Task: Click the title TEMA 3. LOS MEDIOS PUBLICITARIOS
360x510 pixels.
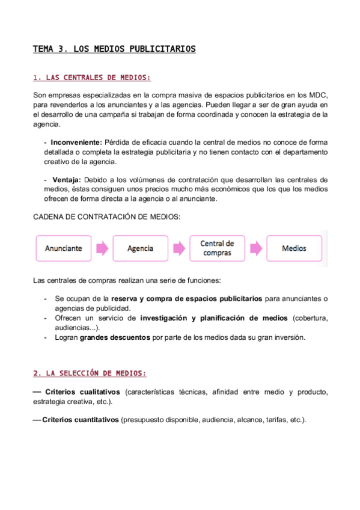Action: [x=114, y=49]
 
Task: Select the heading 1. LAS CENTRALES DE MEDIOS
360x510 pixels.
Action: [x=92, y=78]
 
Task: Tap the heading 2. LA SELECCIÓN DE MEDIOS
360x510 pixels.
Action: [x=90, y=373]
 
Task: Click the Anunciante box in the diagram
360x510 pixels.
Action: [x=63, y=248]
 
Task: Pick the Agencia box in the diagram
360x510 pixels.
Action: [x=141, y=248]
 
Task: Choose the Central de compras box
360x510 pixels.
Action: [x=217, y=248]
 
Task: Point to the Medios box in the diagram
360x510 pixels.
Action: [x=294, y=248]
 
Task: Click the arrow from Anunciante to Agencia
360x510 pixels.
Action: [x=102, y=248]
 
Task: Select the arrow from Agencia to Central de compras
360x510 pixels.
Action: [x=179, y=248]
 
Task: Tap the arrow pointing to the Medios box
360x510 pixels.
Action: [x=256, y=248]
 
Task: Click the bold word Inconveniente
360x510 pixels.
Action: [x=76, y=143]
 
